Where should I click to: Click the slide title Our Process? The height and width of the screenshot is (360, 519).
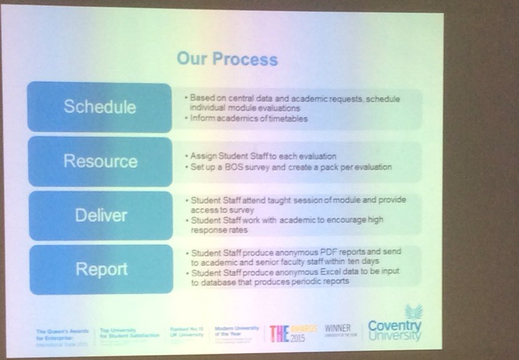(227, 59)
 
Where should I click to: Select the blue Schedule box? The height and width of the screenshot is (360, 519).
(99, 107)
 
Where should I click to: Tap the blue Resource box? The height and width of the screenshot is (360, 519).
(100, 161)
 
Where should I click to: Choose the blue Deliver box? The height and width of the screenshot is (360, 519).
(100, 215)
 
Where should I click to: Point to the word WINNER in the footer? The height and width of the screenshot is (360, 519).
(338, 328)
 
